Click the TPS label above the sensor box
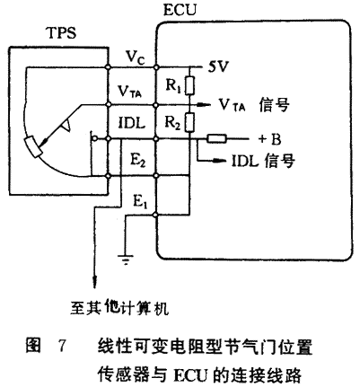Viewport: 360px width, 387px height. point(62,32)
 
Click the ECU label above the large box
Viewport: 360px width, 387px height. point(180,10)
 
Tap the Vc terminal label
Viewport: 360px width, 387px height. point(135,57)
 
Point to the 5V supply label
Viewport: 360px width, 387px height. point(218,66)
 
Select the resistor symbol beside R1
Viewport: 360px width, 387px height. point(189,85)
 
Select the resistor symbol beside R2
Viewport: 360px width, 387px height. point(189,122)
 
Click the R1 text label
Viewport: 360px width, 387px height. point(173,86)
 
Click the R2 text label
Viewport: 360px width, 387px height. point(173,122)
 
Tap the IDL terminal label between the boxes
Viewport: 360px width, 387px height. point(132,123)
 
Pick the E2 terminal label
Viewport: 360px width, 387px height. point(138,160)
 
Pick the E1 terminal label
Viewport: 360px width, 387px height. point(140,202)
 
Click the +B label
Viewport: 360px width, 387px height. point(269,139)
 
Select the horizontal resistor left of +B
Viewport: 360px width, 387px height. point(217,139)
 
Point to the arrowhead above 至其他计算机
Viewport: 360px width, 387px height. point(95,281)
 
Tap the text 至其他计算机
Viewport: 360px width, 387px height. point(119,308)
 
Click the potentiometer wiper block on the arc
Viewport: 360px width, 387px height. point(32,146)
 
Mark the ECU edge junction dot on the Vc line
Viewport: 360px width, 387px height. point(155,66)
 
